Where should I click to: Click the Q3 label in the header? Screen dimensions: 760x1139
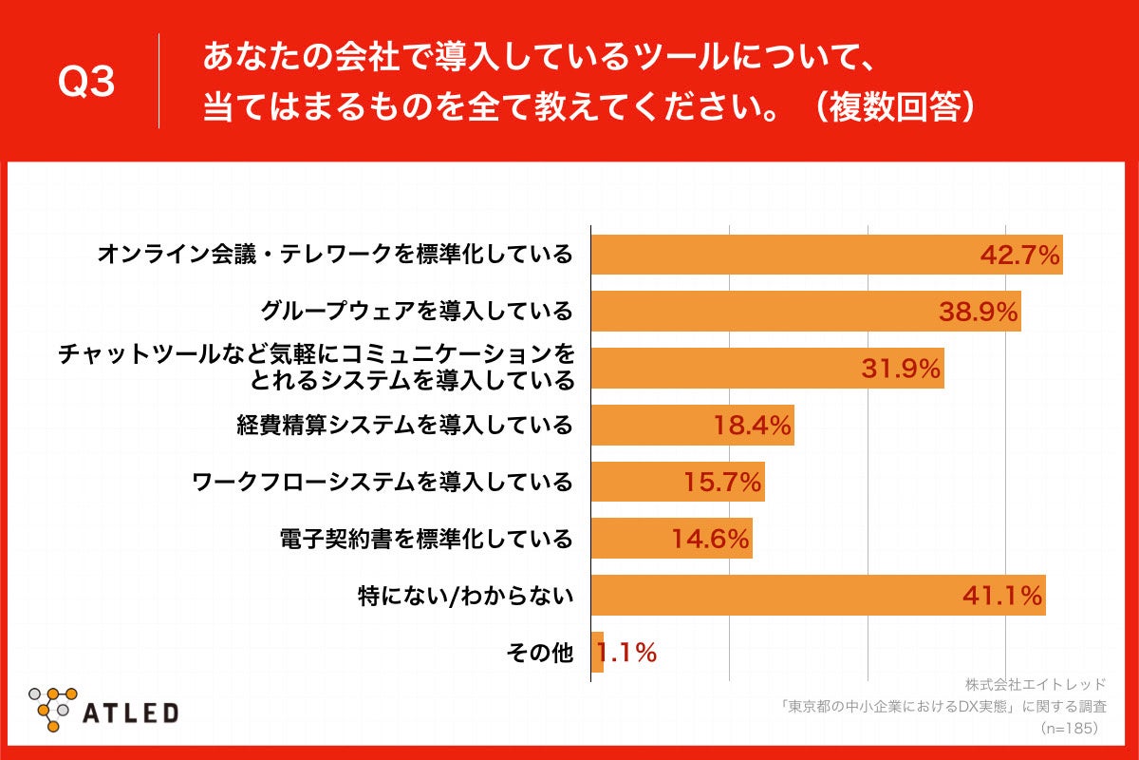click(86, 83)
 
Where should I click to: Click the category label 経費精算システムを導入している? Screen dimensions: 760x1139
click(404, 425)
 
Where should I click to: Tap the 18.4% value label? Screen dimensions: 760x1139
click(752, 426)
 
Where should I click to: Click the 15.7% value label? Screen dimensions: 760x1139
click(722, 483)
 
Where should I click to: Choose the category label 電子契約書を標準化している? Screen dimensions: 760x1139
click(426, 540)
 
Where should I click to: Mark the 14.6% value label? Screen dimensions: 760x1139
click(711, 540)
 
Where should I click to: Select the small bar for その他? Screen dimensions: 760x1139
click(597, 653)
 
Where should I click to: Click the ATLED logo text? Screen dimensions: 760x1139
click(131, 712)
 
